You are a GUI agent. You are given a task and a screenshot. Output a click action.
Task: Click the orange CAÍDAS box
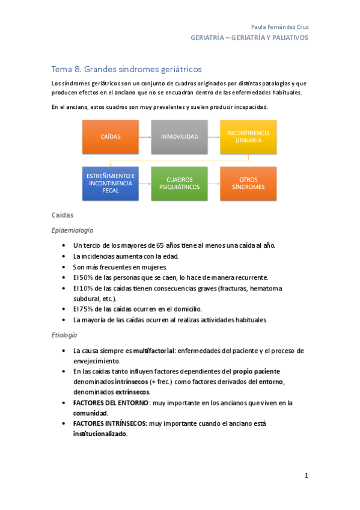tap(111, 137)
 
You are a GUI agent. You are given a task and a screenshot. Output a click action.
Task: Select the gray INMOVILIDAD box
tap(179, 137)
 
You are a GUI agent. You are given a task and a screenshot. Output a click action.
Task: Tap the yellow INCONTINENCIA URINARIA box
tap(248, 137)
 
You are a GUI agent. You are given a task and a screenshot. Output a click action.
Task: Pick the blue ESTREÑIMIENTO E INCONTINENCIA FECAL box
tap(111, 183)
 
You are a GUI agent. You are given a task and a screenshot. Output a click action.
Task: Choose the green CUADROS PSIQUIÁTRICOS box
tap(179, 183)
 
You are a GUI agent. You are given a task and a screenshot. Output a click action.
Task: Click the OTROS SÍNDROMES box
tap(248, 183)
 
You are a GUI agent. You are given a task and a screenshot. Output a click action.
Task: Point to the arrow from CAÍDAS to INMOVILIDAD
tap(145, 137)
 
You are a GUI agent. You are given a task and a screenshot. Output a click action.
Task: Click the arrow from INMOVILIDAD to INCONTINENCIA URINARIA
tap(213, 137)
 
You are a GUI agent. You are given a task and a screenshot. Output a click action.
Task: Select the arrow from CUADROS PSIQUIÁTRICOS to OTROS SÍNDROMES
tap(213, 183)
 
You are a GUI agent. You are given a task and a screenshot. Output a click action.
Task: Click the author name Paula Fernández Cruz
tap(279, 27)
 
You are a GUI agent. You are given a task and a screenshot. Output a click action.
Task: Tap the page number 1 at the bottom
tap(306, 476)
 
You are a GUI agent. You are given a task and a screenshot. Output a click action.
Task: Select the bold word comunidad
tap(90, 413)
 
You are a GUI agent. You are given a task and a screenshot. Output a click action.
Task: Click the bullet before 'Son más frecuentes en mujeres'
tap(64, 266)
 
